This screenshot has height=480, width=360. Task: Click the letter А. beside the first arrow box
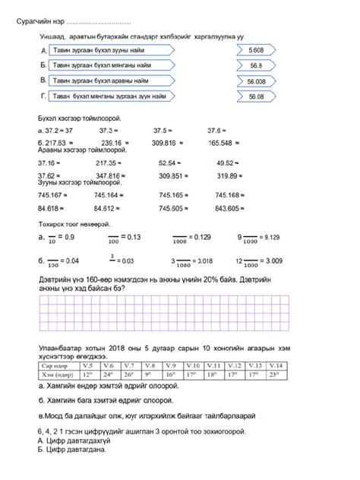(43, 49)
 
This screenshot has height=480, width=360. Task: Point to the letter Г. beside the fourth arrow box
(43, 96)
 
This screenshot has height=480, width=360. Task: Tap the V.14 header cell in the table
(276, 365)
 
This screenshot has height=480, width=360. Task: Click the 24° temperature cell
(108, 374)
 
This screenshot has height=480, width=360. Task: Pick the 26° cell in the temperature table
(129, 374)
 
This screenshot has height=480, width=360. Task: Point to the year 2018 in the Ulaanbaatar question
(115, 347)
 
